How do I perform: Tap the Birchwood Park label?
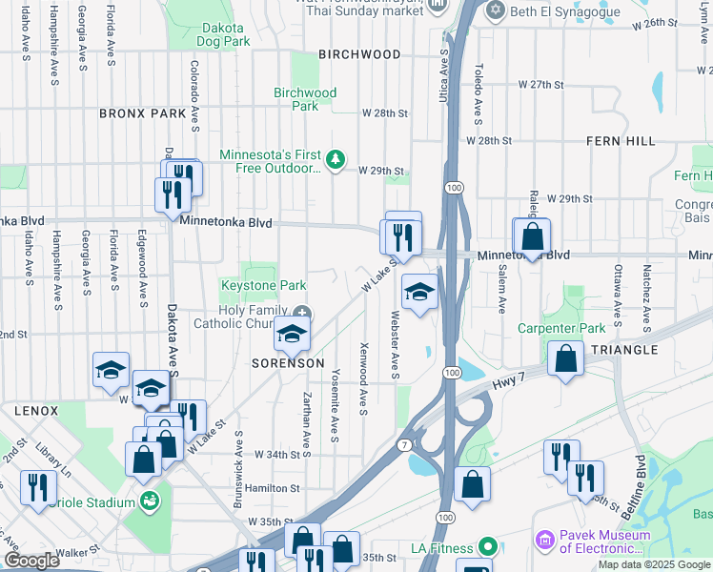pos(305,99)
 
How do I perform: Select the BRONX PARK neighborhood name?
pos(142,113)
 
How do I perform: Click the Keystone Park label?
pos(263,285)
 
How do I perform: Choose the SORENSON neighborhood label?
pos(288,364)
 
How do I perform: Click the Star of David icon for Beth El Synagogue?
pos(494,11)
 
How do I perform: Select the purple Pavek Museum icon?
pos(545,541)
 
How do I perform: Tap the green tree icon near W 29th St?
pos(335,159)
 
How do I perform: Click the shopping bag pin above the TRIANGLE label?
pos(566,358)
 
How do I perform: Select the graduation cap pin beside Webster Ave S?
pos(419,293)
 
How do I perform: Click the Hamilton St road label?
pos(273,488)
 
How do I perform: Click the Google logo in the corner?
pos(31,561)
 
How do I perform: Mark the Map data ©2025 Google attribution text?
pos(654,564)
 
